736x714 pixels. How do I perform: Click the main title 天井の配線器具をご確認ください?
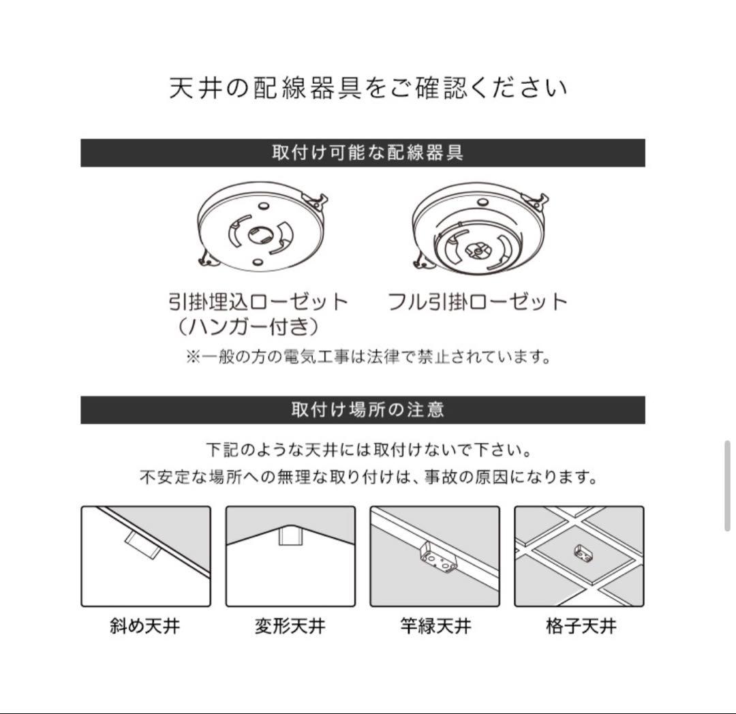click(368, 89)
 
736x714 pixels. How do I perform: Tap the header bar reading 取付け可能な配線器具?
click(363, 153)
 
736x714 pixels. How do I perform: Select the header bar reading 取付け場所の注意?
click(363, 409)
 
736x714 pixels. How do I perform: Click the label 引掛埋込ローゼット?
click(258, 301)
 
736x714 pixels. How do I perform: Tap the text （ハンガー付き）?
click(245, 327)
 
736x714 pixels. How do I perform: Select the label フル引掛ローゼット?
click(477, 301)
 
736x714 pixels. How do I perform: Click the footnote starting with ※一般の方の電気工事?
click(368, 356)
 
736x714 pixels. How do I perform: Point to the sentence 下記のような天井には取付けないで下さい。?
click(368, 450)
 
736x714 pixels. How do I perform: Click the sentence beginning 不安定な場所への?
click(368, 477)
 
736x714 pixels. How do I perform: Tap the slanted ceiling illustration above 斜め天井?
click(146, 556)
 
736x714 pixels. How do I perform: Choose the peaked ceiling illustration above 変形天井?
click(290, 556)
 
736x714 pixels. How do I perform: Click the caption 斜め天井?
click(145, 625)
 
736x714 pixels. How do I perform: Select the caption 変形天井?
click(290, 625)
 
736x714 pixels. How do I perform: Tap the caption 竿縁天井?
click(435, 625)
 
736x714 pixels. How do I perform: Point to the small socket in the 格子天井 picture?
click(582, 553)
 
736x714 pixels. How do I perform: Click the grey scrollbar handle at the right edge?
click(728, 485)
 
